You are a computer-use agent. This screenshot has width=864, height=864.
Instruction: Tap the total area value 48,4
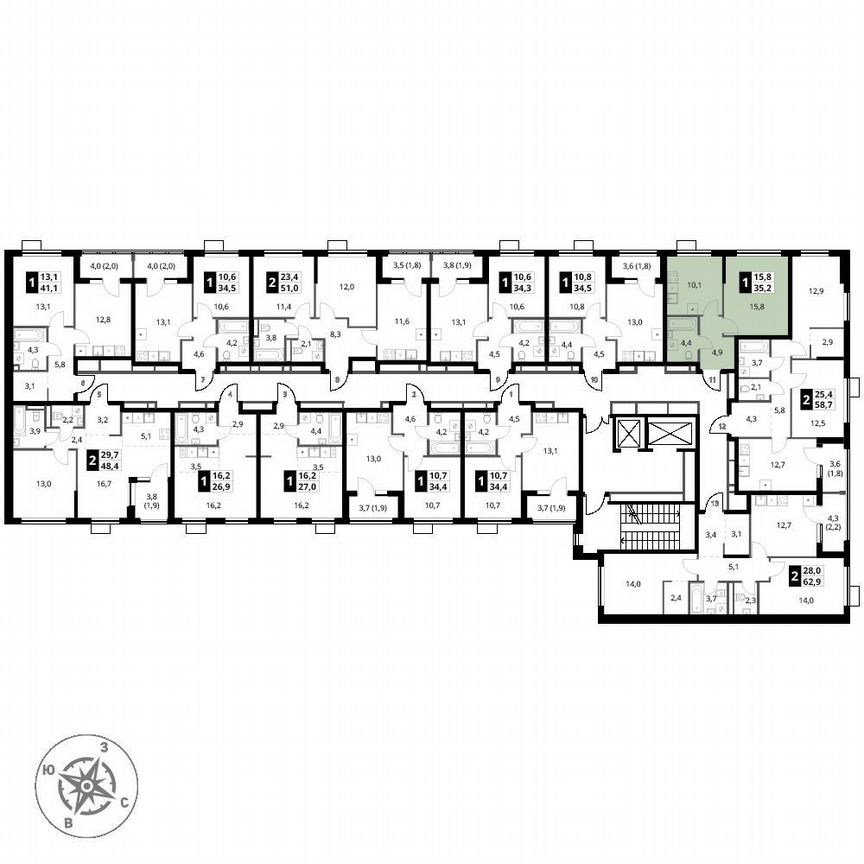click(x=108, y=465)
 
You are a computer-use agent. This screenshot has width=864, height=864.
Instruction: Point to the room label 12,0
click(x=346, y=286)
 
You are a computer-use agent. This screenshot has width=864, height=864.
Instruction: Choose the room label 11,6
click(x=402, y=322)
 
